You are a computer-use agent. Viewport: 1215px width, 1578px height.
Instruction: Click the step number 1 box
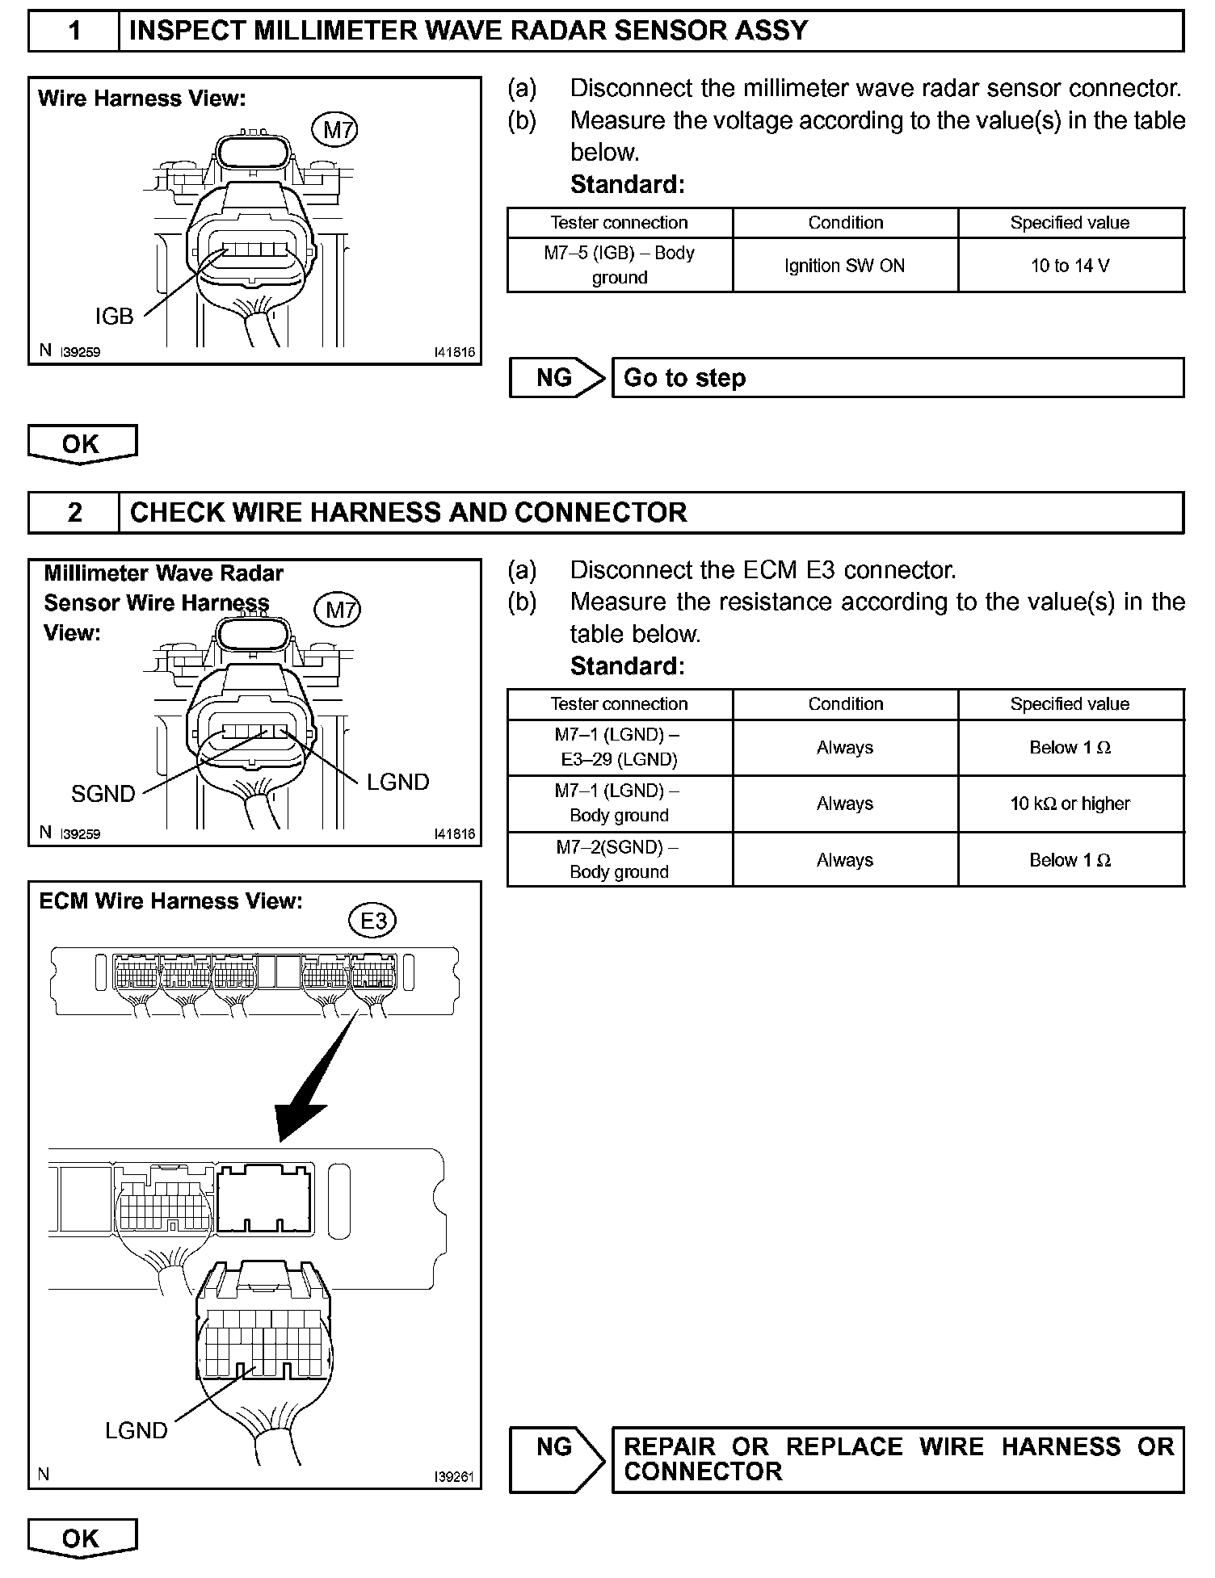tap(74, 31)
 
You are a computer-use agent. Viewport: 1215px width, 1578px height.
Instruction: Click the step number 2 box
tap(74, 513)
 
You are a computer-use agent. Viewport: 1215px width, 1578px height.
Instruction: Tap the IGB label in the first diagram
tap(114, 317)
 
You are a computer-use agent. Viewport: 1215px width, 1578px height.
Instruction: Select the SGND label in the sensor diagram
tap(103, 794)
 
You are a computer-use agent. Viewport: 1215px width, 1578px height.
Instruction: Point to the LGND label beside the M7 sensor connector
tap(397, 782)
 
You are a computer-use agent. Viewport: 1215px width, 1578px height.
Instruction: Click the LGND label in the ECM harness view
tap(136, 1431)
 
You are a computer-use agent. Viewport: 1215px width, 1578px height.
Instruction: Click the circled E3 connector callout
tap(372, 921)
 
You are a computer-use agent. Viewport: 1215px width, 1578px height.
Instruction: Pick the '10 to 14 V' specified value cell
tap(1070, 266)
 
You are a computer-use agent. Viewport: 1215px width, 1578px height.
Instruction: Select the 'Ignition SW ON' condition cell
tap(845, 266)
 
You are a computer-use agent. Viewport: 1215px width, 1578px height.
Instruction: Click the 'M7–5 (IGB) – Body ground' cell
tap(620, 265)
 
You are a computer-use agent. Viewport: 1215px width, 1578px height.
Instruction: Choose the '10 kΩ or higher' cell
tap(1070, 804)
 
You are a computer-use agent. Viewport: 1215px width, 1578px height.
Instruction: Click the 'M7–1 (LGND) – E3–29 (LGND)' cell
tap(620, 748)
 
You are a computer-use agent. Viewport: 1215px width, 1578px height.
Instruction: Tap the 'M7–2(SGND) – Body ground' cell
tap(620, 860)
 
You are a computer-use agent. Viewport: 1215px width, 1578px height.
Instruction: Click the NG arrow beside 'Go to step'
tap(557, 378)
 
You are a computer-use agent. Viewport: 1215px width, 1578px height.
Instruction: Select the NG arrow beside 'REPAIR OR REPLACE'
tap(557, 1459)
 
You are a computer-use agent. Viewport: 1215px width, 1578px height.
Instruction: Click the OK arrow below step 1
tap(82, 444)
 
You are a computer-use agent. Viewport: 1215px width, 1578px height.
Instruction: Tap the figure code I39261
tap(453, 1477)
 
